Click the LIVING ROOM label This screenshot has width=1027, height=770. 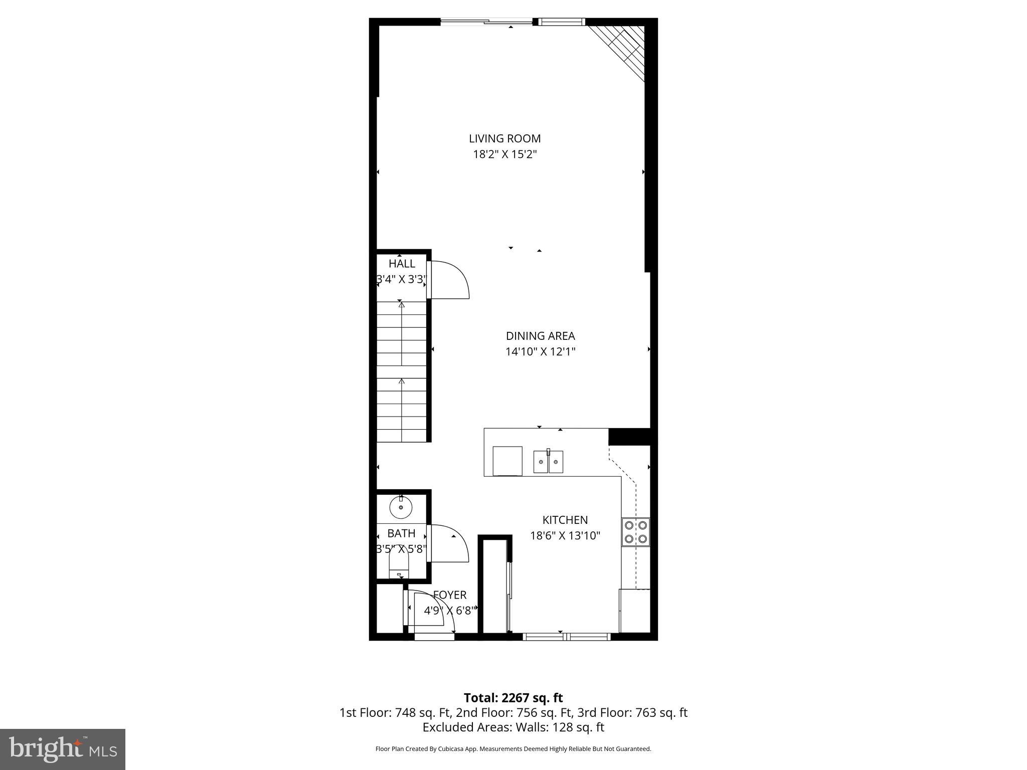pyautogui.click(x=504, y=138)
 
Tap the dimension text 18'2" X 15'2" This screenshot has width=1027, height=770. pyautogui.click(x=504, y=154)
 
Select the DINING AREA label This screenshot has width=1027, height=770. pyautogui.click(x=540, y=336)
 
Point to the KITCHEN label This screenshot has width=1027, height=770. pyautogui.click(x=565, y=520)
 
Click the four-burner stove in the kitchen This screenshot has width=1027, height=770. pyautogui.click(x=635, y=532)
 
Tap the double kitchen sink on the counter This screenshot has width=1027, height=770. pyautogui.click(x=548, y=462)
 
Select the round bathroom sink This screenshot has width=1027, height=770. pyautogui.click(x=401, y=508)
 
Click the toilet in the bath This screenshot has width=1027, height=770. pyautogui.click(x=399, y=566)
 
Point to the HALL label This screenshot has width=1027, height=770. pyautogui.click(x=402, y=264)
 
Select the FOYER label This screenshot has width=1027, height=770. pyautogui.click(x=450, y=595)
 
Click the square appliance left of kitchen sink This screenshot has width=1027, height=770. pyautogui.click(x=507, y=461)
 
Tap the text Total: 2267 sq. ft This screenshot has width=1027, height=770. pyautogui.click(x=513, y=698)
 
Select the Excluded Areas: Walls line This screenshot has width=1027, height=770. pyautogui.click(x=513, y=727)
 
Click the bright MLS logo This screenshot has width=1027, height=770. pyautogui.click(x=63, y=749)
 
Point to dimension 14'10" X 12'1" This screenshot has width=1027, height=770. pyautogui.click(x=540, y=352)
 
